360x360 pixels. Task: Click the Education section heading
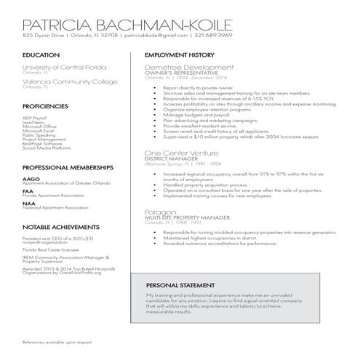point(41,55)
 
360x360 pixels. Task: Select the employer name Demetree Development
point(185,66)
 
